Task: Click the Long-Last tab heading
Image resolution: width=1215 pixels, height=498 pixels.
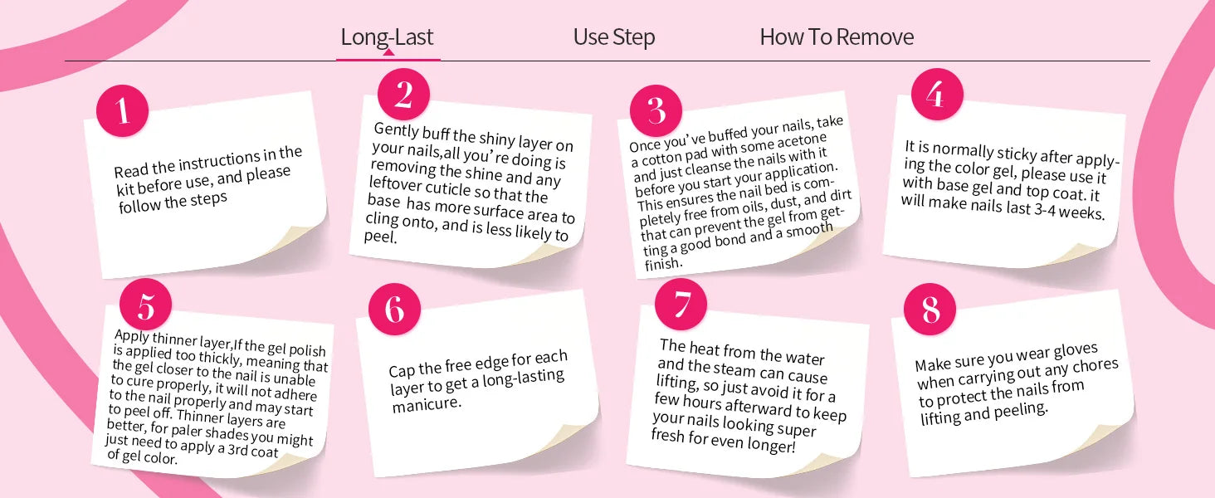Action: click(387, 37)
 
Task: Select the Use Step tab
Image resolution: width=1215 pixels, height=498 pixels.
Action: click(614, 37)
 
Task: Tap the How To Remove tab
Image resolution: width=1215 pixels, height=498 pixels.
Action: click(837, 37)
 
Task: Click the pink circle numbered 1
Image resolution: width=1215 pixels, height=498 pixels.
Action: click(123, 110)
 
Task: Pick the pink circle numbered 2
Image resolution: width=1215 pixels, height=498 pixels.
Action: click(403, 95)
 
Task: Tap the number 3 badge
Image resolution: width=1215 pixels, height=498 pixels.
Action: click(656, 110)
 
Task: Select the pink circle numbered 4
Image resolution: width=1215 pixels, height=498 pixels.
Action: click(937, 95)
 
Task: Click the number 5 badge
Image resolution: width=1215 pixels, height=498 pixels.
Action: click(145, 305)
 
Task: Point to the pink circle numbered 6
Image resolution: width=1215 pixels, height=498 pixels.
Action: click(394, 310)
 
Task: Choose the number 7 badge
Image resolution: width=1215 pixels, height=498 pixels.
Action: click(681, 305)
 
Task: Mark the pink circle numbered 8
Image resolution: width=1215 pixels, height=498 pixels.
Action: click(930, 310)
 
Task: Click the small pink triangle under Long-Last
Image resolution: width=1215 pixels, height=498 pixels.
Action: click(388, 52)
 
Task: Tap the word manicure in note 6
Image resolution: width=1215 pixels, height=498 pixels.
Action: click(427, 404)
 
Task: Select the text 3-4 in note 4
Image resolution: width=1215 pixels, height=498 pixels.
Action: click(1045, 209)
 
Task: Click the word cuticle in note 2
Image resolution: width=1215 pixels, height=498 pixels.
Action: click(447, 188)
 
